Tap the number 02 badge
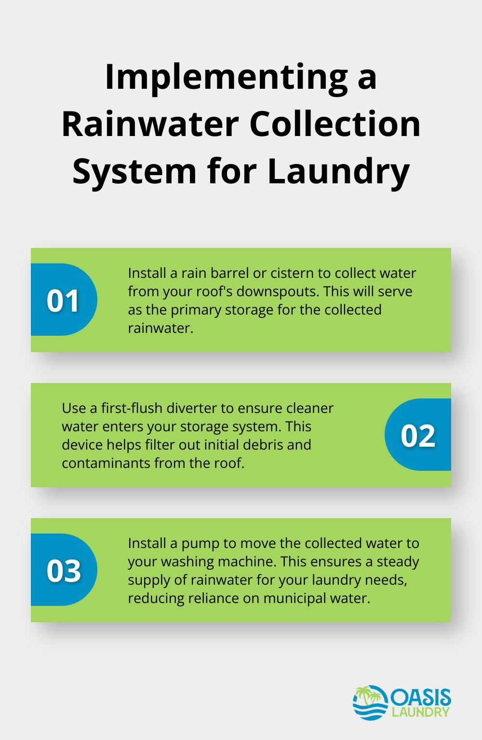click(x=418, y=435)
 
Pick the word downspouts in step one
click(x=277, y=292)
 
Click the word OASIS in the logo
click(x=421, y=697)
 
